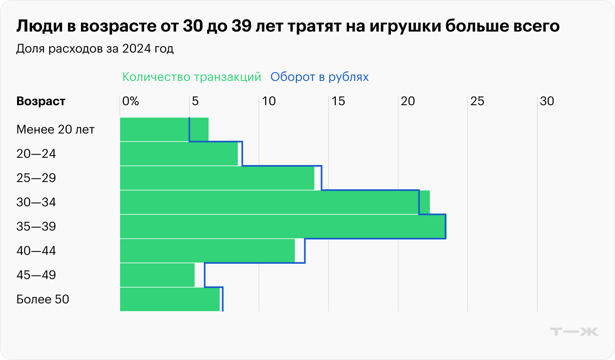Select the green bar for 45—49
pyautogui.click(x=157, y=275)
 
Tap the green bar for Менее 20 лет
pyautogui.click(x=164, y=129)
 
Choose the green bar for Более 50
pyautogui.click(x=170, y=299)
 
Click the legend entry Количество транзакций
pyautogui.click(x=192, y=77)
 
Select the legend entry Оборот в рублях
pyautogui.click(x=320, y=77)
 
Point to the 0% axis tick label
pyautogui.click(x=130, y=101)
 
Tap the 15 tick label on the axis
pyautogui.click(x=338, y=101)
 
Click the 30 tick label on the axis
pyautogui.click(x=547, y=101)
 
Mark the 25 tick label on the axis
pyautogui.click(x=477, y=101)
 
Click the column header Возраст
pyautogui.click(x=41, y=101)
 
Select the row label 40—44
pyautogui.click(x=36, y=251)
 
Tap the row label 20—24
pyautogui.click(x=36, y=154)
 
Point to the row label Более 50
pyautogui.click(x=43, y=299)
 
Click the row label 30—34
pyautogui.click(x=36, y=202)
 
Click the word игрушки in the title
pyautogui.click(x=405, y=26)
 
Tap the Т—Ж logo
pyautogui.click(x=574, y=332)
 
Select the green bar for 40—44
pyautogui.click(x=207, y=251)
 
